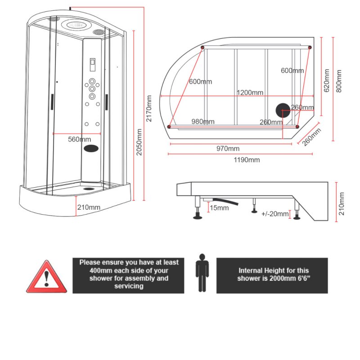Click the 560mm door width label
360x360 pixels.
point(79,139)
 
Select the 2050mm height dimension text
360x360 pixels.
point(140,142)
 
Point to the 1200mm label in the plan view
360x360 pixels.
point(250,93)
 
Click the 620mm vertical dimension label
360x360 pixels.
point(327,80)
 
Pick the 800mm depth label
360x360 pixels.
point(339,80)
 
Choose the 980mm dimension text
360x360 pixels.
point(202,121)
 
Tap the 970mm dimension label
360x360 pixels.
point(228,149)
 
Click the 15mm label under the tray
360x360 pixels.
point(219,207)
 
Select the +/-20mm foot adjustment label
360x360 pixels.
point(274,214)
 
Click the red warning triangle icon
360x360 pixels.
point(46,277)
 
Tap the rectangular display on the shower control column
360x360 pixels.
point(92,65)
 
